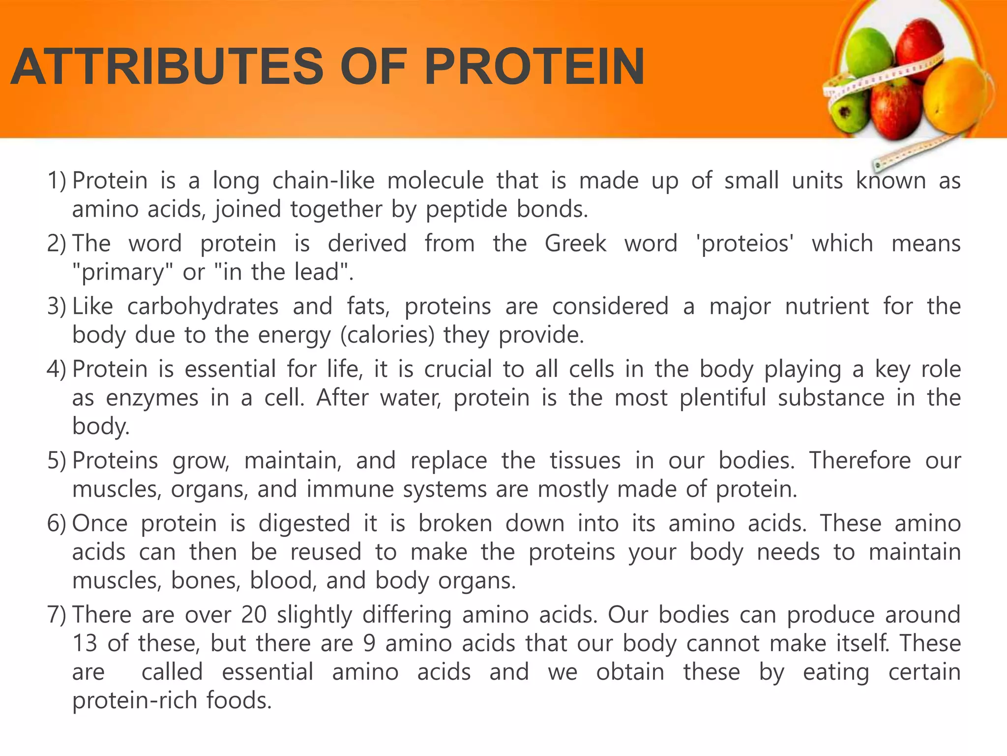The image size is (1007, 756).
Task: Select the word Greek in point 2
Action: coord(575,244)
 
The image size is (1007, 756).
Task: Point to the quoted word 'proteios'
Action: coord(745,244)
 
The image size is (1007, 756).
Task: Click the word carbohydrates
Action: coord(203,307)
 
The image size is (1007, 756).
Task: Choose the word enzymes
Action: coord(152,398)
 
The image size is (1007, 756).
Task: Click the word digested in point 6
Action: coord(304,523)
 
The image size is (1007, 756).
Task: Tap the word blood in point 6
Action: coord(282,581)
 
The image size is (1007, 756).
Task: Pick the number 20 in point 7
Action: coord(254,615)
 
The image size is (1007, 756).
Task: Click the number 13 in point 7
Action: coord(85,644)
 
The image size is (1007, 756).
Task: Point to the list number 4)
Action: coord(57,370)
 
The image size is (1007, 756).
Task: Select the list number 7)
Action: coord(57,615)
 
